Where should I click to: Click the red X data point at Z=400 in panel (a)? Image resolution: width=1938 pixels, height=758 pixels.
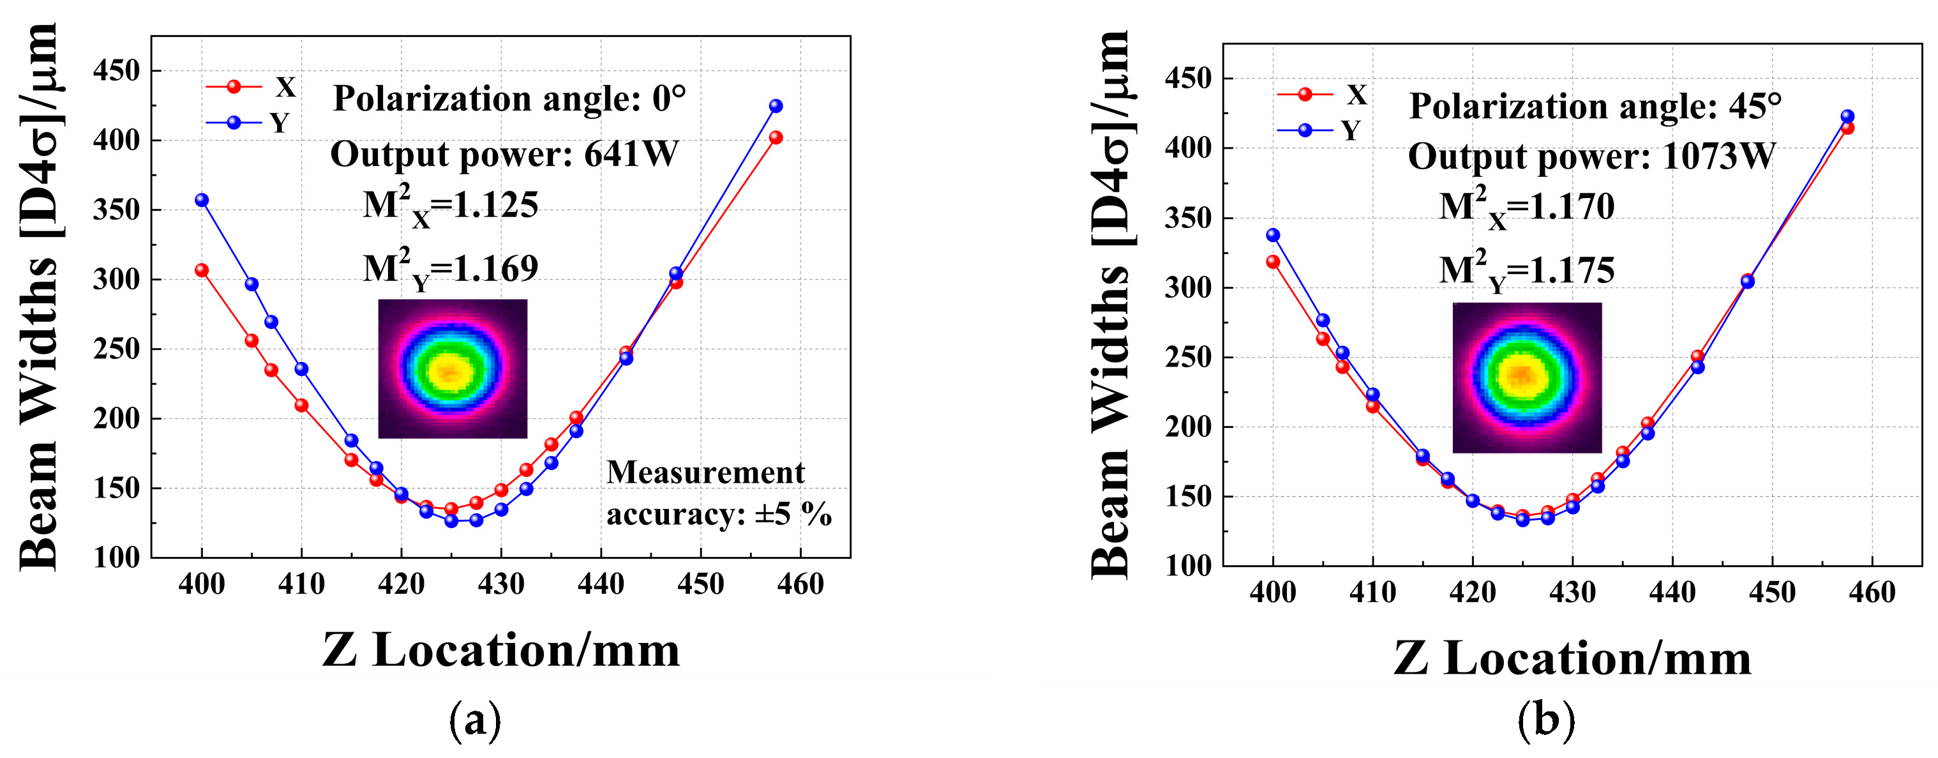(202, 270)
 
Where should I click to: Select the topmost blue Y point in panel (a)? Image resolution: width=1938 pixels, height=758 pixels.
(776, 106)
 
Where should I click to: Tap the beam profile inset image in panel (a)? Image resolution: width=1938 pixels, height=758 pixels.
(452, 369)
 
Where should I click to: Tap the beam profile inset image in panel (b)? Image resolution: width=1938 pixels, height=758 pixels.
(1526, 377)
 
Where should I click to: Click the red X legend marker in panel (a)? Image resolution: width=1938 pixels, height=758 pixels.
(234, 87)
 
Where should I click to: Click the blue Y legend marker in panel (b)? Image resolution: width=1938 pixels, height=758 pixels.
(1305, 131)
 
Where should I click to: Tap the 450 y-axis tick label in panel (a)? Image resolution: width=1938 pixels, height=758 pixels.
(117, 72)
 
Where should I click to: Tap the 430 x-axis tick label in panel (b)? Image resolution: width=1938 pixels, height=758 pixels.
(1572, 593)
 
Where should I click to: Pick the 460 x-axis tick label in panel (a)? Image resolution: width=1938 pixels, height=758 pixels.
(800, 584)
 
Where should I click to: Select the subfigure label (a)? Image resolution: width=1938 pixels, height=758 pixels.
(475, 720)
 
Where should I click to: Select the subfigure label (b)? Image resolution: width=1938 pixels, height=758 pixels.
(1545, 720)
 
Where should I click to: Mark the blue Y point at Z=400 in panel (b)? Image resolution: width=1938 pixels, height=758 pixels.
(1273, 236)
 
